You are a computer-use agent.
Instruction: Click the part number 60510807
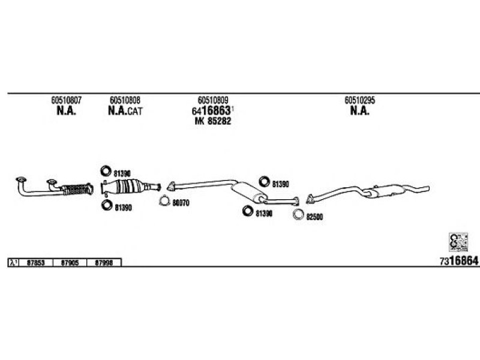click(67, 100)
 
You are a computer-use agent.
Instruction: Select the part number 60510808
click(125, 100)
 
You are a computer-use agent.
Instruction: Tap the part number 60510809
click(212, 100)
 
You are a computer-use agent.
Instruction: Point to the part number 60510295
click(359, 100)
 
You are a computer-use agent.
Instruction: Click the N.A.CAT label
click(126, 111)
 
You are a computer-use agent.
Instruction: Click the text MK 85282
click(213, 121)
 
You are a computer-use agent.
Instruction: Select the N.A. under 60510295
click(359, 111)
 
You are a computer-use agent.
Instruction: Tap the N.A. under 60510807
click(66, 111)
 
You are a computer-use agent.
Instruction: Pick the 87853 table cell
click(37, 262)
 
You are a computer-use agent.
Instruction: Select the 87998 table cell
click(104, 262)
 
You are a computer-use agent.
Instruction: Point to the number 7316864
click(458, 261)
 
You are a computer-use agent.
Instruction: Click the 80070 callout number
click(181, 203)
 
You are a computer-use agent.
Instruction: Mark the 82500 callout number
click(314, 217)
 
